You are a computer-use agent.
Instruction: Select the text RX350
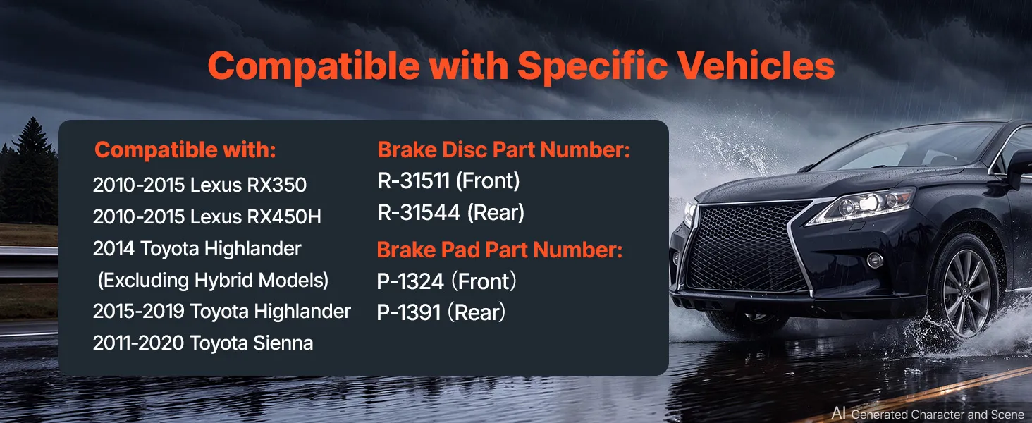(276, 185)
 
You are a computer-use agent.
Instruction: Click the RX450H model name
(284, 216)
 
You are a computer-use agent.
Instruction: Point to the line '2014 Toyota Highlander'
(197, 249)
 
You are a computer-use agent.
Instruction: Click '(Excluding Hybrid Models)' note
(213, 281)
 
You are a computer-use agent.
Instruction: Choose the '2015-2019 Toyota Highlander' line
(221, 312)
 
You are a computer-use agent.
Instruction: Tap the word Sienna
(283, 343)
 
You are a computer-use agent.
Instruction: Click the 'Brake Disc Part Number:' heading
(503, 149)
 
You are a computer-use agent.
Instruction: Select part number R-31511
(413, 180)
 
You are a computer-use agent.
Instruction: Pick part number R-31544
(419, 212)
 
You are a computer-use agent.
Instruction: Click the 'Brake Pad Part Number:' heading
(499, 250)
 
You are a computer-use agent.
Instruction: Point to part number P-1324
(410, 281)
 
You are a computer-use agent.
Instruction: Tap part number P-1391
(409, 313)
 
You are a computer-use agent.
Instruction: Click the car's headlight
(861, 206)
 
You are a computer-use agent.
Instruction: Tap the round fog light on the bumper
(874, 260)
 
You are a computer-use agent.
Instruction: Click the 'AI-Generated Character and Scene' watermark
(928, 414)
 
